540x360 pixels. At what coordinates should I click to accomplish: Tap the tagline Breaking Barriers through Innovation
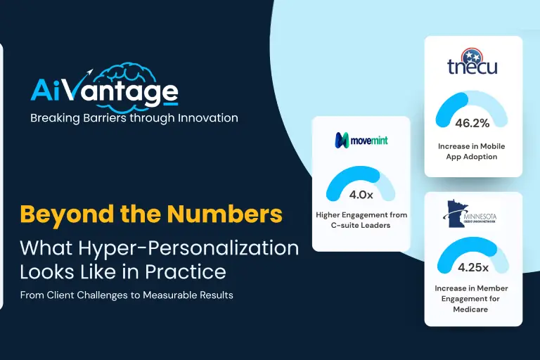point(134,118)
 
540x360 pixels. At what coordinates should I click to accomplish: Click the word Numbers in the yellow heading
point(224,214)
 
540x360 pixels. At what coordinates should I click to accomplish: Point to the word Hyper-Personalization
point(188,249)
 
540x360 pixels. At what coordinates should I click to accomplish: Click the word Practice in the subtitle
point(186,271)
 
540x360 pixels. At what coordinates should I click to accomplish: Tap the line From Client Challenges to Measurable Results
point(127,295)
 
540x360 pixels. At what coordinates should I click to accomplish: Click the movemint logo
point(361,140)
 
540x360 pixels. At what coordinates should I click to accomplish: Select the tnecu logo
point(472,62)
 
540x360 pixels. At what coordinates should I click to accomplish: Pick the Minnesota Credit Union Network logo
point(470,214)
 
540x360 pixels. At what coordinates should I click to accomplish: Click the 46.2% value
point(472,123)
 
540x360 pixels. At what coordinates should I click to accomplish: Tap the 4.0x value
point(361,195)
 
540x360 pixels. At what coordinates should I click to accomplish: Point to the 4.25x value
point(472,268)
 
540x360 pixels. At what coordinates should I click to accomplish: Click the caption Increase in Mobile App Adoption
point(472,151)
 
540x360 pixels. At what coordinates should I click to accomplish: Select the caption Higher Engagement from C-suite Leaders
point(361,220)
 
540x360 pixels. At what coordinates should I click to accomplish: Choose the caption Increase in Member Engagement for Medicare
point(471,299)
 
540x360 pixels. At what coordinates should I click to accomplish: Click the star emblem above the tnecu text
point(472,55)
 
